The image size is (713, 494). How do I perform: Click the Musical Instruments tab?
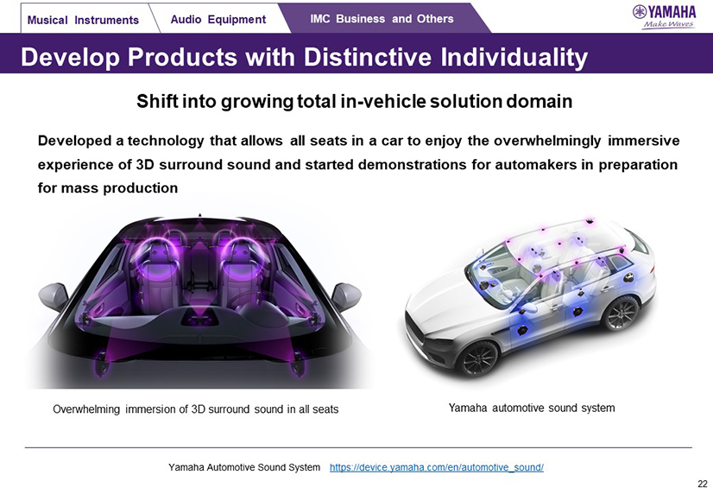84,20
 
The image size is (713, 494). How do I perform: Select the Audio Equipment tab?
218,19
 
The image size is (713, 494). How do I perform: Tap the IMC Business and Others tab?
382,19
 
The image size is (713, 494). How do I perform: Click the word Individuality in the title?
514,58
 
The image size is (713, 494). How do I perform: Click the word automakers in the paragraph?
536,164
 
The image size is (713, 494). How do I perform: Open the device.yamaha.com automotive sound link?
437,467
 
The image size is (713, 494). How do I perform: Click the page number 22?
703,484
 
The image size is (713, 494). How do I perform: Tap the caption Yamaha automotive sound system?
532,408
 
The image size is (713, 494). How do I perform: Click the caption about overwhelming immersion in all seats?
196,409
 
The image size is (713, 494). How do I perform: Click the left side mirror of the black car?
54,295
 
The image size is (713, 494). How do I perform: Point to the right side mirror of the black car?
346,295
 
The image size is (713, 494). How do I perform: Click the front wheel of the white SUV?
478,358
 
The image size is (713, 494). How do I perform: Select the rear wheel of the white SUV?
622,313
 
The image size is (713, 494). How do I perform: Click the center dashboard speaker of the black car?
199,317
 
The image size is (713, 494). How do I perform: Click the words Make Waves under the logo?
668,24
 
